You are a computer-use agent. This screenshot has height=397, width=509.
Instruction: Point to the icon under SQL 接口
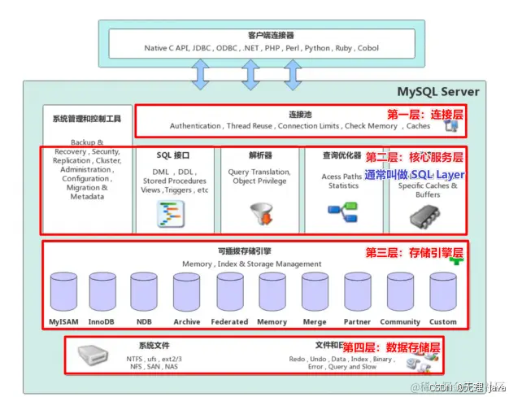(x=172, y=213)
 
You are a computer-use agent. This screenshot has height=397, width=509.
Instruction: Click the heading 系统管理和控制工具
(x=86, y=119)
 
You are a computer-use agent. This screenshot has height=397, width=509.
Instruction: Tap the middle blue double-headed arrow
(x=248, y=73)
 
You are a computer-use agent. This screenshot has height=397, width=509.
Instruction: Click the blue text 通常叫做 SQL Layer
(x=415, y=175)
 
